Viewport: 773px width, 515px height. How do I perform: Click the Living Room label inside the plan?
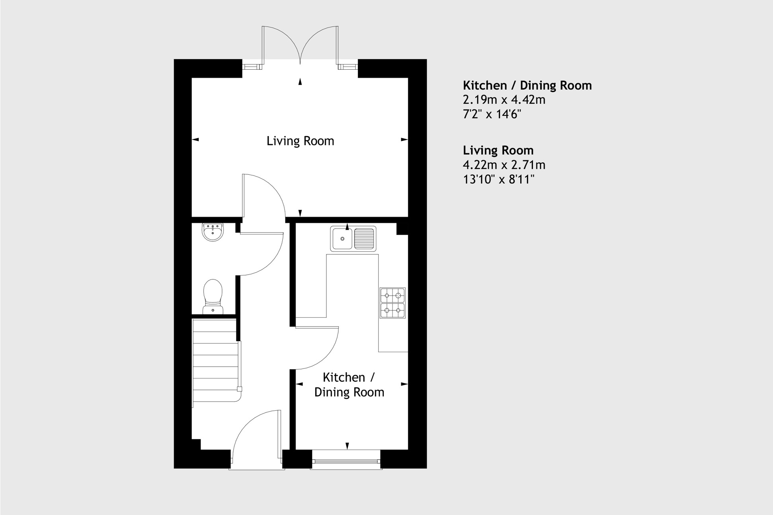300,141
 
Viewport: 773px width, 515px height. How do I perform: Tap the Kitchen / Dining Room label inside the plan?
349,385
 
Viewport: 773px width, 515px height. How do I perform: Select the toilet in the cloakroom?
213,297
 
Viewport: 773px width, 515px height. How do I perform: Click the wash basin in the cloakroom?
213,232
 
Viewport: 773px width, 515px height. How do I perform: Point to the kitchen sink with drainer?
353,239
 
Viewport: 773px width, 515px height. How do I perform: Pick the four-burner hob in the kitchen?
392,303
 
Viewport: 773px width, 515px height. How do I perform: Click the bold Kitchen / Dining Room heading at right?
527,86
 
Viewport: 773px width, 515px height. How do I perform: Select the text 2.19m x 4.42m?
504,100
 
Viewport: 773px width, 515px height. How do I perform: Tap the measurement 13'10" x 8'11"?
498,179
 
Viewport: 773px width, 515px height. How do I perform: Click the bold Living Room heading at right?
498,150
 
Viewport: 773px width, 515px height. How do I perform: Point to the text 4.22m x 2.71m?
504,165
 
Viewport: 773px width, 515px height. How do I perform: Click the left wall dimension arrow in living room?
195,140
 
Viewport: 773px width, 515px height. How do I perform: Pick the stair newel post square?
240,389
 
